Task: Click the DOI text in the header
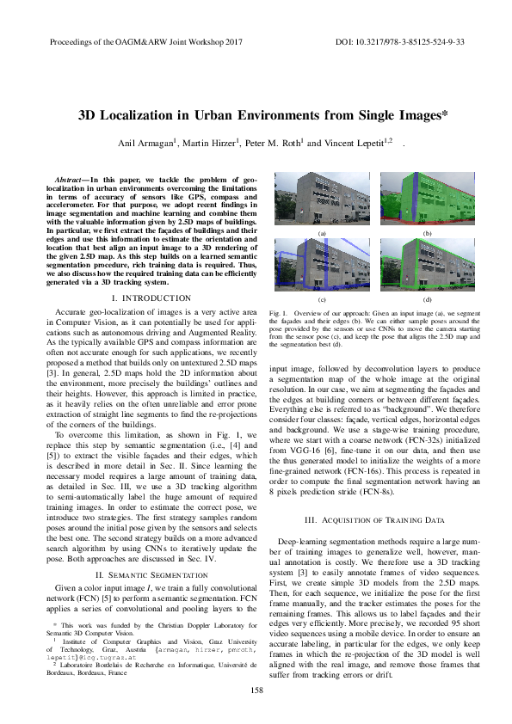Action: pos(398,41)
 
